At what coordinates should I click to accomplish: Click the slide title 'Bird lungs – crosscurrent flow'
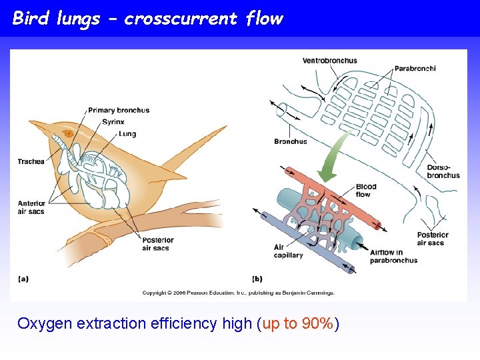pos(147,18)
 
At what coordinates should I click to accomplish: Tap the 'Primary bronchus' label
pos(119,110)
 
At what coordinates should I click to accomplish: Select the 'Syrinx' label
pos(113,122)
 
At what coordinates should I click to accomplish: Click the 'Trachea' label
pos(31,162)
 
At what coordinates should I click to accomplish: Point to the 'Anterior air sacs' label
pos(31,207)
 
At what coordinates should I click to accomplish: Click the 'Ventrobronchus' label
pos(329,61)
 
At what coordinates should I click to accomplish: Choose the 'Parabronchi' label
pos(415,68)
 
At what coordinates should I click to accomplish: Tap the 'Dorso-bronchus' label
pos(443,171)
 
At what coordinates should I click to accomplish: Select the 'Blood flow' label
pos(366,191)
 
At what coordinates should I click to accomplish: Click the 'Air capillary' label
pos(288,251)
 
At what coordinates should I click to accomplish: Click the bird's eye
pos(68,134)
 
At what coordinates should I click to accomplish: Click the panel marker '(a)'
pos(23,278)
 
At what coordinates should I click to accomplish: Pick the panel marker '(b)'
pos(257,278)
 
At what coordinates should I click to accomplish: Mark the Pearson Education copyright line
pos(238,292)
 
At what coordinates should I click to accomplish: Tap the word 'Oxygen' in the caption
pos(45,324)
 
